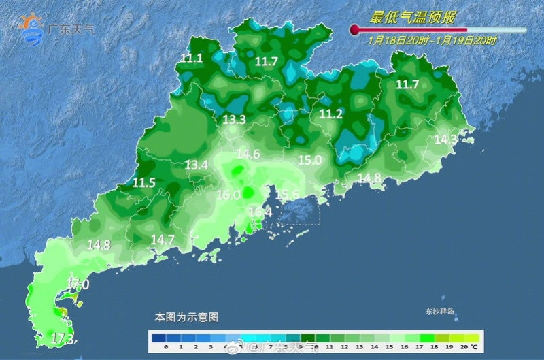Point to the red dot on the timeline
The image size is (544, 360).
point(354,29)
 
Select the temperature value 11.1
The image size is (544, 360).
point(192,59)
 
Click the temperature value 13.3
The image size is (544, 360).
point(234,120)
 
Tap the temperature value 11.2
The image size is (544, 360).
point(330,114)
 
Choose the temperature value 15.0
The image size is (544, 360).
point(309,161)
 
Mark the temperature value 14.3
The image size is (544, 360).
point(445,140)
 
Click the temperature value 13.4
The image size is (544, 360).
point(197,165)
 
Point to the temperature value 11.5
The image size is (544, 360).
point(143,182)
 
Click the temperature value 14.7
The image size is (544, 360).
point(163,240)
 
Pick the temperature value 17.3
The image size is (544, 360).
point(63,338)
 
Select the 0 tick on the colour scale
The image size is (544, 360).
point(165,347)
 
